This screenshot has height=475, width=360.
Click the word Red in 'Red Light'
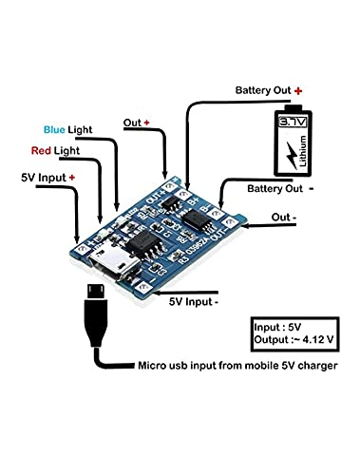point(43,151)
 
